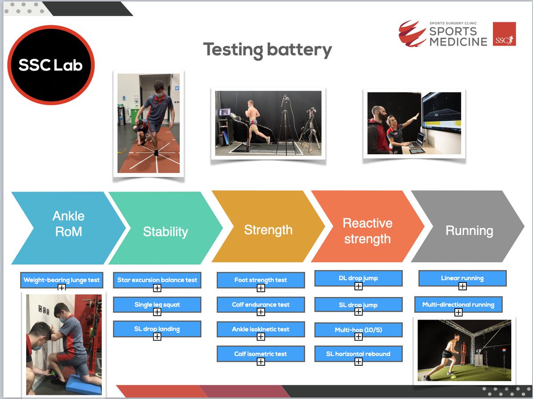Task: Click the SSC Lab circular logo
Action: coord(51,65)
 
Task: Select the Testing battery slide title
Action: coord(267,50)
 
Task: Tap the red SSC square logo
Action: coord(504,34)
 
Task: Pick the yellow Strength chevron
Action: coord(268,228)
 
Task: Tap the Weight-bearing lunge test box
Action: coord(62,280)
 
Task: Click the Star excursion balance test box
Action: coord(157,280)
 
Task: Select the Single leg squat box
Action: coord(157,305)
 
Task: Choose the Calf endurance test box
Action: coord(261,305)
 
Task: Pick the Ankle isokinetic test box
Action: coord(261,329)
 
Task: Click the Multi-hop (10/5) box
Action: coord(358,329)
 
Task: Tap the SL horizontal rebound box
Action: coord(358,353)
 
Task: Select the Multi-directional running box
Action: coord(458,305)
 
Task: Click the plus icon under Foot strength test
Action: coord(261,288)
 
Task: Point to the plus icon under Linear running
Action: coord(462,286)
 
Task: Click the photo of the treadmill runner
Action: coord(268,123)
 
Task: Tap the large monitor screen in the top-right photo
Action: coord(441,116)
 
